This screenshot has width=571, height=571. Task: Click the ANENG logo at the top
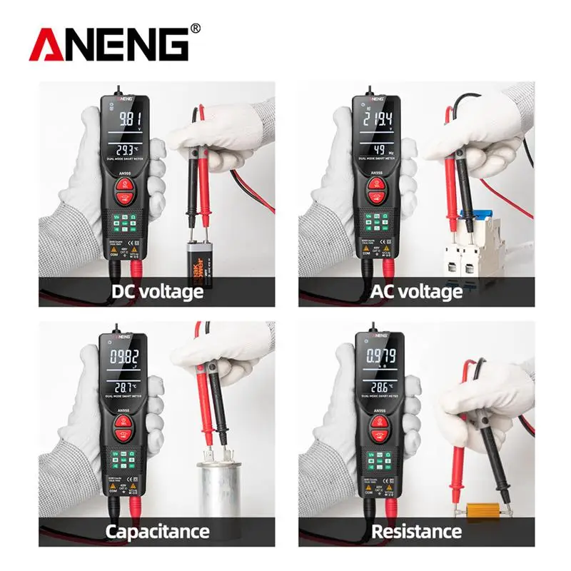click(x=108, y=44)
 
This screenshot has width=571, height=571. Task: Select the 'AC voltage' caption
click(x=416, y=292)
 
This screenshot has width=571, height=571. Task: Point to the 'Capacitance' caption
click(x=157, y=531)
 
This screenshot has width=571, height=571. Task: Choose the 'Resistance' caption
click(x=416, y=531)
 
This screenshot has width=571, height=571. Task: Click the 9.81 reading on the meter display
click(x=128, y=120)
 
